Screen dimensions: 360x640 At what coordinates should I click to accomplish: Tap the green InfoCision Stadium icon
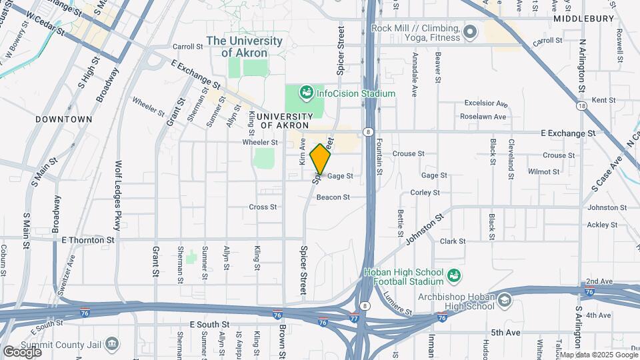tap(307, 93)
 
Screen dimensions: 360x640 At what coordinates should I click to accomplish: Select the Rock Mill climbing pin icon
tap(471, 31)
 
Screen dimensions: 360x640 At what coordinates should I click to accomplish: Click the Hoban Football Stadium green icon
tap(454, 275)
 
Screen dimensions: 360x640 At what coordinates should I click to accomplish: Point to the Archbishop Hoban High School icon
tap(505, 301)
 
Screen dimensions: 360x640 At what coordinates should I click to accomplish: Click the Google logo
tap(22, 351)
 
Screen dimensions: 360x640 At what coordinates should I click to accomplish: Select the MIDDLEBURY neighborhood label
tap(583, 19)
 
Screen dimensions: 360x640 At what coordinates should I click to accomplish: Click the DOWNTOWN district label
tap(64, 119)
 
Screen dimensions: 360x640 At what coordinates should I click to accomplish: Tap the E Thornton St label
tap(88, 239)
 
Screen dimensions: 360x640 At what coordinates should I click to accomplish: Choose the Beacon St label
tap(333, 197)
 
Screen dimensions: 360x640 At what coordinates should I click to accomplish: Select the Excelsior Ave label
tap(486, 105)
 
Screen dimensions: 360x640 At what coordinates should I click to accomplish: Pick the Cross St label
tap(263, 207)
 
